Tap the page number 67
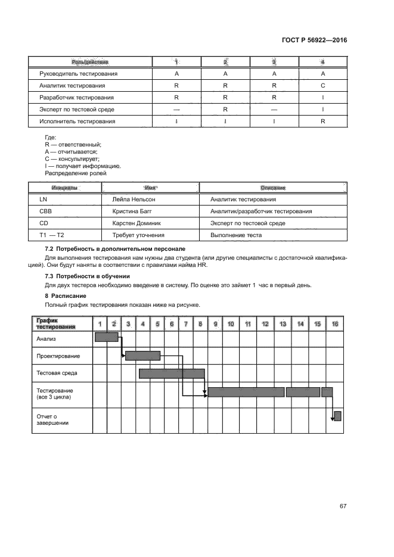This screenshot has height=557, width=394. point(343,506)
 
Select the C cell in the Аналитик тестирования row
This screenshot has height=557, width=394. point(322,86)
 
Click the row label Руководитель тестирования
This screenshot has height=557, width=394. point(77,74)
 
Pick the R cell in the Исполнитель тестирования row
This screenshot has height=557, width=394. point(322,122)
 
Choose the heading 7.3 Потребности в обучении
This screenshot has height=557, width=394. point(88,276)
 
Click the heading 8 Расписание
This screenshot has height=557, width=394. point(66,296)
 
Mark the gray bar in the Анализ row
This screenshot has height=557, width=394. point(107,337)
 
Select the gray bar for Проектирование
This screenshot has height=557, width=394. point(143,356)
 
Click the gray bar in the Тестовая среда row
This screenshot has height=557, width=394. point(172,374)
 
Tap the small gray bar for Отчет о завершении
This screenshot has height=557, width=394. point(337,416)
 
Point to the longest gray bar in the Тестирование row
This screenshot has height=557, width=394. point(246,392)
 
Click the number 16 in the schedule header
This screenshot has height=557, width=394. point(335,323)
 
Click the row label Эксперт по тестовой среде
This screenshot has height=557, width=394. point(76,110)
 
